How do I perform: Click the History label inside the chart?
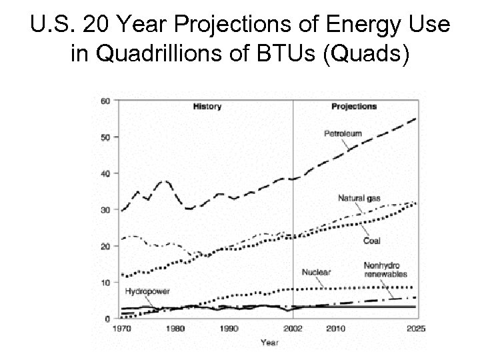(207, 106)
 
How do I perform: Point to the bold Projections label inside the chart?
(354, 106)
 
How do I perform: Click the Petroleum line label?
(343, 133)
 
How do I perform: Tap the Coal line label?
(372, 241)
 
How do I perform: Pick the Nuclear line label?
(316, 272)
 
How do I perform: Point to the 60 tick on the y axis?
(105, 101)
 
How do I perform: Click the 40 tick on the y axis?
(105, 173)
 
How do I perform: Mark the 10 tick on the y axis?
(105, 283)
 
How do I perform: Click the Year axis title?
(269, 343)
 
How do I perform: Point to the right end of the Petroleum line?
(416, 118)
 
